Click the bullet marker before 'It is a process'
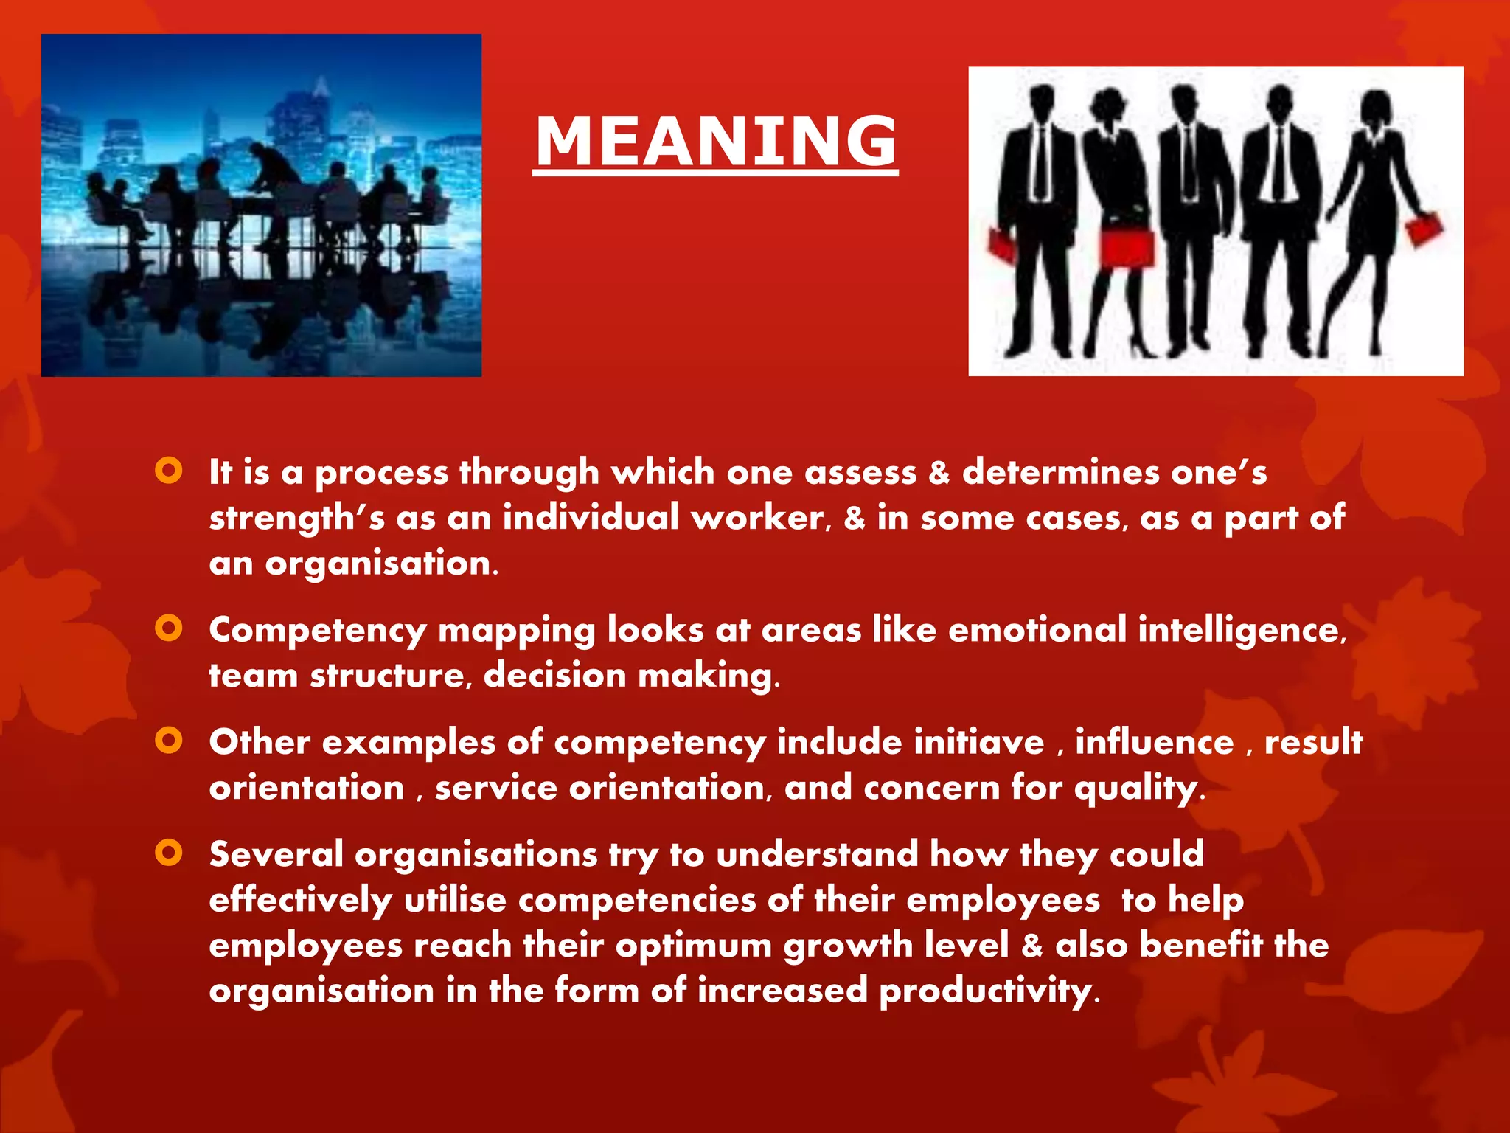pyautogui.click(x=169, y=471)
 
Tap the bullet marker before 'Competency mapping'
pyautogui.click(x=169, y=628)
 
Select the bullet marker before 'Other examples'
pyautogui.click(x=169, y=741)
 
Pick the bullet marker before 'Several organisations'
pyautogui.click(x=169, y=853)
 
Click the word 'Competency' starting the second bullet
pyautogui.click(x=317, y=631)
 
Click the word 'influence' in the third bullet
pyautogui.click(x=1154, y=742)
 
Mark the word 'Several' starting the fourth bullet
pyautogui.click(x=276, y=855)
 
